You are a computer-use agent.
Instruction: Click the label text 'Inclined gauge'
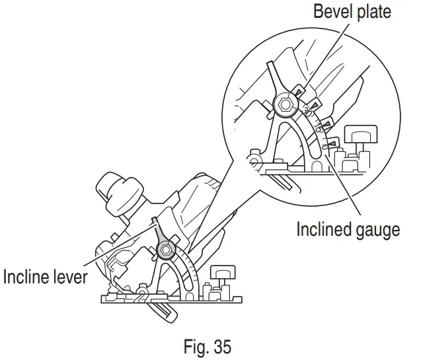click(x=348, y=230)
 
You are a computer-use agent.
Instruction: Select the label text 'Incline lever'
click(x=46, y=277)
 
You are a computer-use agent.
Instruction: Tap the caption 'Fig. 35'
click(x=208, y=347)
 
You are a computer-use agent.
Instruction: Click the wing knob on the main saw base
click(x=219, y=273)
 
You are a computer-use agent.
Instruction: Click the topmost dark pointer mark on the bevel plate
click(x=301, y=90)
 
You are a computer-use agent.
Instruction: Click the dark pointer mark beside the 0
click(x=334, y=141)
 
